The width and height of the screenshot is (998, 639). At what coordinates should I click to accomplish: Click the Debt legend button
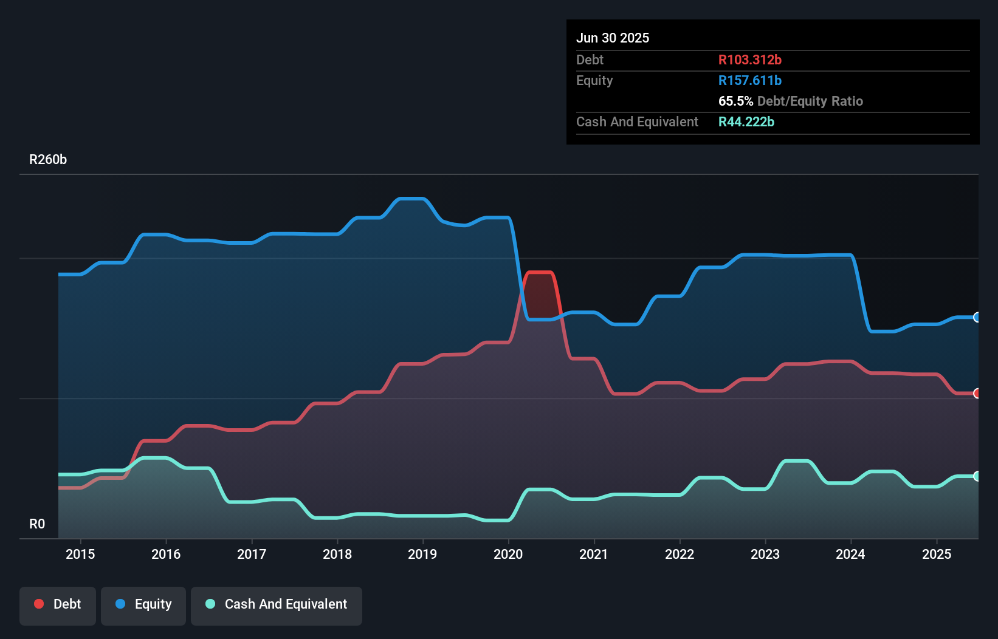pyautogui.click(x=58, y=604)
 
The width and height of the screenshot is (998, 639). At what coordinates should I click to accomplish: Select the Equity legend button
pyautogui.click(x=143, y=604)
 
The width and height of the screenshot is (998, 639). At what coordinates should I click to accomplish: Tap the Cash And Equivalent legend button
pyautogui.click(x=277, y=604)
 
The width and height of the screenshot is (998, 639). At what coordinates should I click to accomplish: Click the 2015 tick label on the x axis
pyautogui.click(x=80, y=554)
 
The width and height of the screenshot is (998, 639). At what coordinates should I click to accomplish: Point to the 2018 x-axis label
pyautogui.click(x=337, y=554)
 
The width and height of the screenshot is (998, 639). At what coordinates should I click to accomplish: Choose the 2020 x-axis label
pyautogui.click(x=508, y=554)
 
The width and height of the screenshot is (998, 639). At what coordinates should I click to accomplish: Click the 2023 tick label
pyautogui.click(x=765, y=554)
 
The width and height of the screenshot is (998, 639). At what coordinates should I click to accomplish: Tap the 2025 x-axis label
pyautogui.click(x=937, y=554)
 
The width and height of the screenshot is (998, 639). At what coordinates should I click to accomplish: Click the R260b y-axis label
pyautogui.click(x=48, y=160)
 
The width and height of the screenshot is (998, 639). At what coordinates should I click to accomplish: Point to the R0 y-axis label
pyautogui.click(x=37, y=524)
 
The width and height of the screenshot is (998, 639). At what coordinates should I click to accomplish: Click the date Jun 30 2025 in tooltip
pyautogui.click(x=613, y=38)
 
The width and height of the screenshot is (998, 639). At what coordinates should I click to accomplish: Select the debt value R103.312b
pyautogui.click(x=749, y=60)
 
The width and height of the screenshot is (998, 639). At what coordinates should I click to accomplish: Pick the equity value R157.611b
pyautogui.click(x=749, y=80)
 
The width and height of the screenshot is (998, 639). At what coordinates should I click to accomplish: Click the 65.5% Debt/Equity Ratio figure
pyautogui.click(x=790, y=101)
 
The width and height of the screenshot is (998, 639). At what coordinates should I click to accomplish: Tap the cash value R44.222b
pyautogui.click(x=746, y=121)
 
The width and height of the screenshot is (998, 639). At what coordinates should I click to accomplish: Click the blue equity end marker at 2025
pyautogui.click(x=977, y=317)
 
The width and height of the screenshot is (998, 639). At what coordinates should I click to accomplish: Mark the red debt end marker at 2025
pyautogui.click(x=977, y=393)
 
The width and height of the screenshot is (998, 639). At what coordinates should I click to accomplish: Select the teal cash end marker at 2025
pyautogui.click(x=977, y=476)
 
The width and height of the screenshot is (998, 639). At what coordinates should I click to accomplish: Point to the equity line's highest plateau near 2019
pyautogui.click(x=411, y=199)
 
